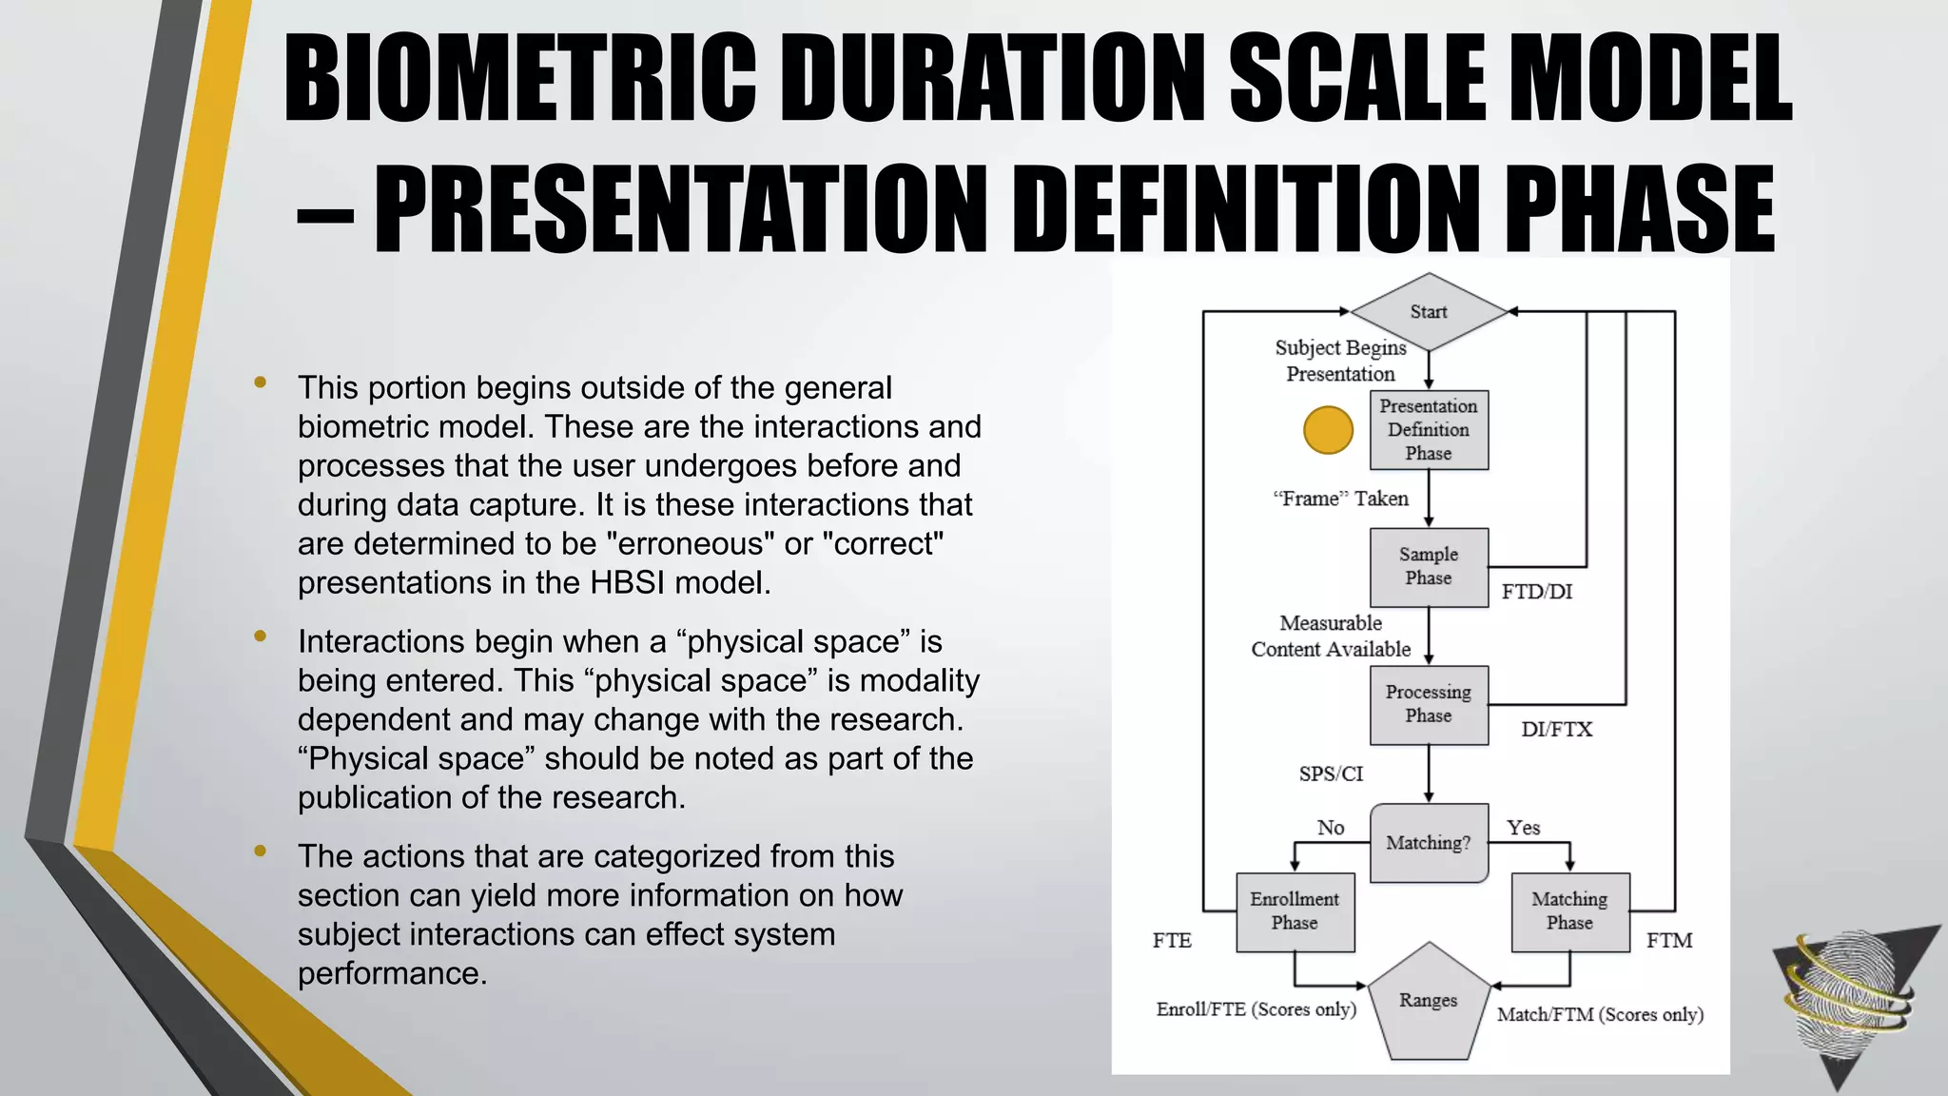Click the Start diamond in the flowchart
coord(1428,311)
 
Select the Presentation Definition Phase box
coord(1429,430)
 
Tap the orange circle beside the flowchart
coord(1328,430)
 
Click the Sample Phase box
coord(1429,567)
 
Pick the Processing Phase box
coord(1429,704)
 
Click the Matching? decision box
coord(1429,843)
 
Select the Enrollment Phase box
coord(1295,911)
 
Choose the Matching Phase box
coord(1569,911)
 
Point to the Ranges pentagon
coord(1428,1004)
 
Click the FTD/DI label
coord(1537,592)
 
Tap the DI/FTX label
coord(1556,730)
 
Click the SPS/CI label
coord(1331,774)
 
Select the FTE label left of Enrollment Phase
coord(1172,941)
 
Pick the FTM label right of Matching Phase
coord(1669,941)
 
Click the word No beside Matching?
coord(1331,828)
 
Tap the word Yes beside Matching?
coord(1523,828)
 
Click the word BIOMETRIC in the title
coord(520,78)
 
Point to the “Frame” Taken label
coord(1340,499)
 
